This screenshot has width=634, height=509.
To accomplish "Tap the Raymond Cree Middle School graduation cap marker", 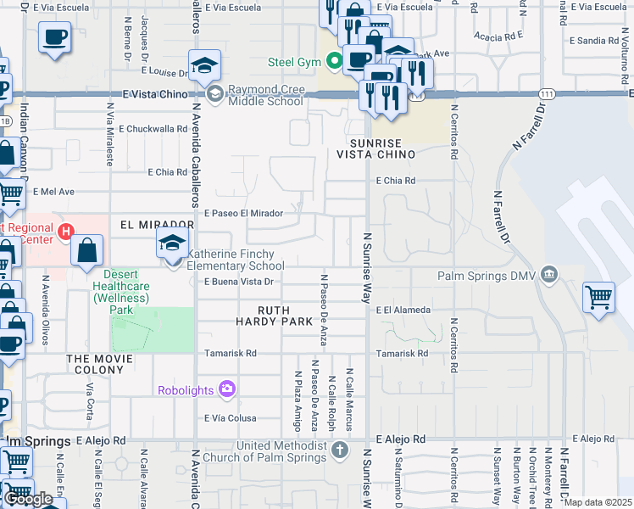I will click(204, 65).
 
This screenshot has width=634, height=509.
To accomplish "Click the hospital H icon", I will click(65, 231).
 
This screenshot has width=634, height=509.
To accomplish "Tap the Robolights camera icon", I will click(226, 389).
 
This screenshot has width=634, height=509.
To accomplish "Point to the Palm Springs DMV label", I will click(487, 275).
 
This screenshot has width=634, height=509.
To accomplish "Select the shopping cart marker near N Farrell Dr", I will click(598, 298).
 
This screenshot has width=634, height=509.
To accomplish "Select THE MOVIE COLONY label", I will click(101, 366).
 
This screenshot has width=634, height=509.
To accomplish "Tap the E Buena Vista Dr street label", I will click(241, 282).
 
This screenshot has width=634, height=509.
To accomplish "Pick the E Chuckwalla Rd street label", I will click(153, 129).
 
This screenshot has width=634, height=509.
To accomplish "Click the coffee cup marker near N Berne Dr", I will click(55, 38).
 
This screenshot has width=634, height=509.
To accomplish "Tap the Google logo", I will click(28, 499).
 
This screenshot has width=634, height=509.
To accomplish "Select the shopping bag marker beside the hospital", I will click(87, 250).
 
